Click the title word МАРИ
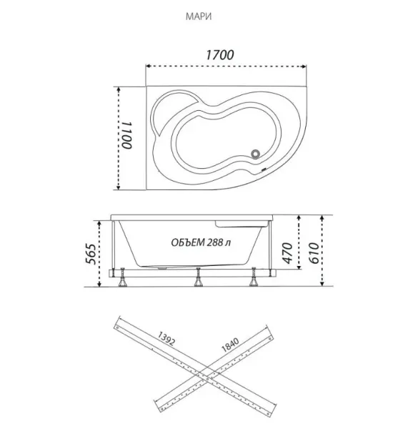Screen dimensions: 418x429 (x=199, y=16)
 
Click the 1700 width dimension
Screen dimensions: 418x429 (x=219, y=55)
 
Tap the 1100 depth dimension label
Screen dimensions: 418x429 (x=127, y=135)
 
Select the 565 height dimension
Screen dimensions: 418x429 (x=91, y=254)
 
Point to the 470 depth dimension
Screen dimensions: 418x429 (x=287, y=253)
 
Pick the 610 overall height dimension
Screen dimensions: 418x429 (x=314, y=253)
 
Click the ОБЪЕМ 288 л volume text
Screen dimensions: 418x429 (x=201, y=242)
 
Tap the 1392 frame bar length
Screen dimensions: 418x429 (x=166, y=338)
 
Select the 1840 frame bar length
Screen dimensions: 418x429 (x=230, y=345)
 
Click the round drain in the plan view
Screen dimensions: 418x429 (x=255, y=154)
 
